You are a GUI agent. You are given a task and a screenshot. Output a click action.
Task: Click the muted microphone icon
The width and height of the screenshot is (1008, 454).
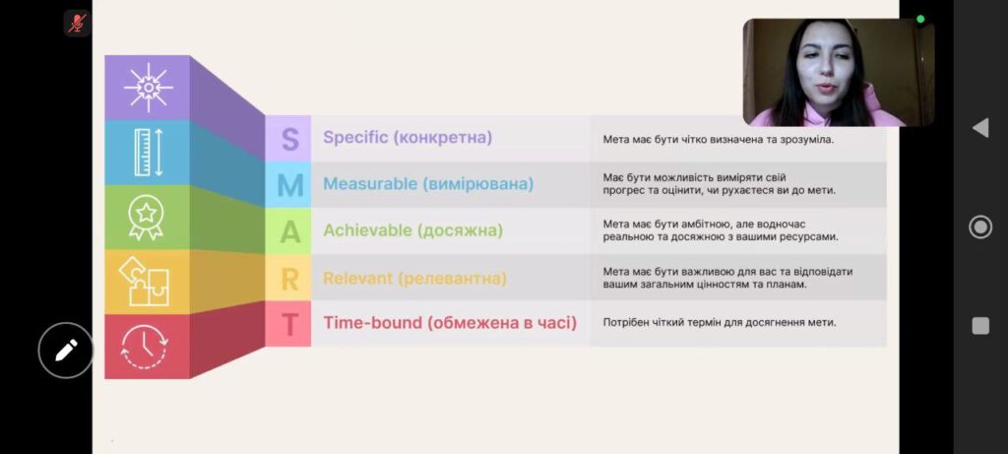[x=77, y=24]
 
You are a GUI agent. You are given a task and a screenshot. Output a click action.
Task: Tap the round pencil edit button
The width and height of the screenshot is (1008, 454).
[x=66, y=351]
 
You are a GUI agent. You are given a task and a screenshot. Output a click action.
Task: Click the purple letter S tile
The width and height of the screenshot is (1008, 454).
[x=288, y=138]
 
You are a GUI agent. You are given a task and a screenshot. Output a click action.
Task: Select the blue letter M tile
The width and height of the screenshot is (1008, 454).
[x=288, y=184]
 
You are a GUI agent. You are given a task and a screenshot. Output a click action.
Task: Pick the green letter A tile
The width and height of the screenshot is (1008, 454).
[x=288, y=230]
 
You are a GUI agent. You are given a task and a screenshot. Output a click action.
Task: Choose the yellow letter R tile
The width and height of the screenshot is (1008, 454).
[x=288, y=278]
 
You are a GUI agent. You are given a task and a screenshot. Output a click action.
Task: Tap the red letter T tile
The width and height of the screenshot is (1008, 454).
[x=288, y=324]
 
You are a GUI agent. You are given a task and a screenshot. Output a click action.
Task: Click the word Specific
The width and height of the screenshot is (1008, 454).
[x=355, y=138]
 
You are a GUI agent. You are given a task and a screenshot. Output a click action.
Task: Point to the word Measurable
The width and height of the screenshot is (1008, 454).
[x=370, y=184]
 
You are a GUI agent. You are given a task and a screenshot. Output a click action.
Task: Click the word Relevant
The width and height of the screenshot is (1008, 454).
[x=358, y=278]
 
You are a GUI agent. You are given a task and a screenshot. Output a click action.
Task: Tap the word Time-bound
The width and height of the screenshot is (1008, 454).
[x=372, y=322]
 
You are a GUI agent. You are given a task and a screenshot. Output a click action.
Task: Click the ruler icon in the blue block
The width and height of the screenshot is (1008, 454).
[x=149, y=153]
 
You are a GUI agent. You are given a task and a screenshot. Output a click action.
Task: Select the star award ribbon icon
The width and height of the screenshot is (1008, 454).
[x=146, y=218]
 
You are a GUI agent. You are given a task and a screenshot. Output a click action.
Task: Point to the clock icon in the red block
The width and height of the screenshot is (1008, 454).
[x=145, y=347]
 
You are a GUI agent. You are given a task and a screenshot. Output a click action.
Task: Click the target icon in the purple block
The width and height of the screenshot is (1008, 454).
[x=149, y=88]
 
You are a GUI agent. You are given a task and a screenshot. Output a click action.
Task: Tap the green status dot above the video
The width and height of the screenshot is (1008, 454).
[x=920, y=19]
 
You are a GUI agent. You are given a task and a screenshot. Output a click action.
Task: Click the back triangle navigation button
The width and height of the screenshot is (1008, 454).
[x=980, y=128]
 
